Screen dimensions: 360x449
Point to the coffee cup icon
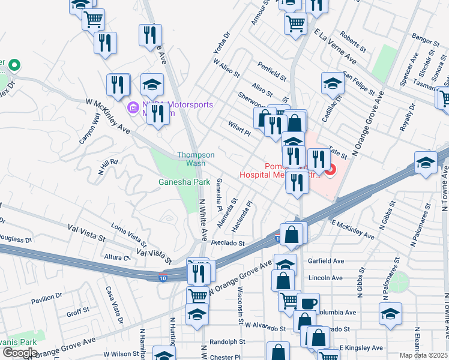[309, 303]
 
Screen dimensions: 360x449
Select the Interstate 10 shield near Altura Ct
[163, 278]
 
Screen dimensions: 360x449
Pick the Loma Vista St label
[129, 236]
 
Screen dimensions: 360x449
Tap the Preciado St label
[228, 244]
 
